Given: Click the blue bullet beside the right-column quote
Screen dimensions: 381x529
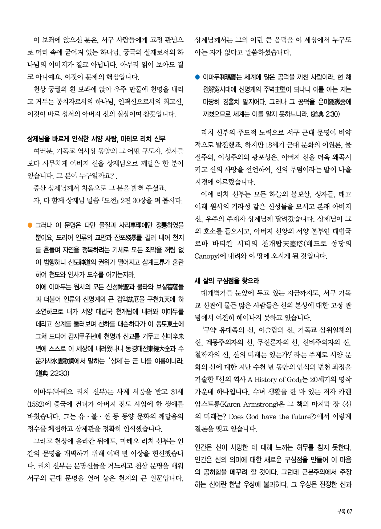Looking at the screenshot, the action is [x=197, y=77].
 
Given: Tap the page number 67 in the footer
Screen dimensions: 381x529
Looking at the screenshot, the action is [x=349, y=512].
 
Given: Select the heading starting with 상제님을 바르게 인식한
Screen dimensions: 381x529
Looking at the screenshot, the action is [x=96, y=138].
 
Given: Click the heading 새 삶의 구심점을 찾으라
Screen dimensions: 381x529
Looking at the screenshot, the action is [x=227, y=281].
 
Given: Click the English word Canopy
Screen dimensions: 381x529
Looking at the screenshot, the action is [x=206, y=256].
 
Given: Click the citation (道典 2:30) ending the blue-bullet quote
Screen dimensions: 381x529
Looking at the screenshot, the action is [x=325, y=114].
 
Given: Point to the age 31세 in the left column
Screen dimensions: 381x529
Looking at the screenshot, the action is [x=177, y=392].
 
